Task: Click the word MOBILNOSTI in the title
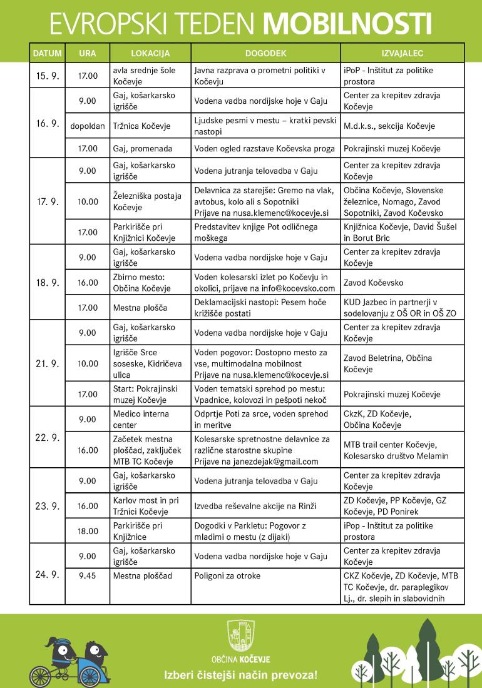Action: [x=347, y=23]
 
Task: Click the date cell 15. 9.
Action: [x=47, y=76]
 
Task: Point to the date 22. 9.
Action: [x=47, y=437]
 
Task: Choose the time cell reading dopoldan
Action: [x=88, y=126]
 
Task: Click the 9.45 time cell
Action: [x=88, y=575]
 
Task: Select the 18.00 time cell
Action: [x=88, y=531]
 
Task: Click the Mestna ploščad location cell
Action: [x=143, y=575]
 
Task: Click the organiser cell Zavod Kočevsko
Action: [x=374, y=283]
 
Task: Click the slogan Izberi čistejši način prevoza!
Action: [x=240, y=675]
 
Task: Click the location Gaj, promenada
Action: [x=143, y=149]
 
